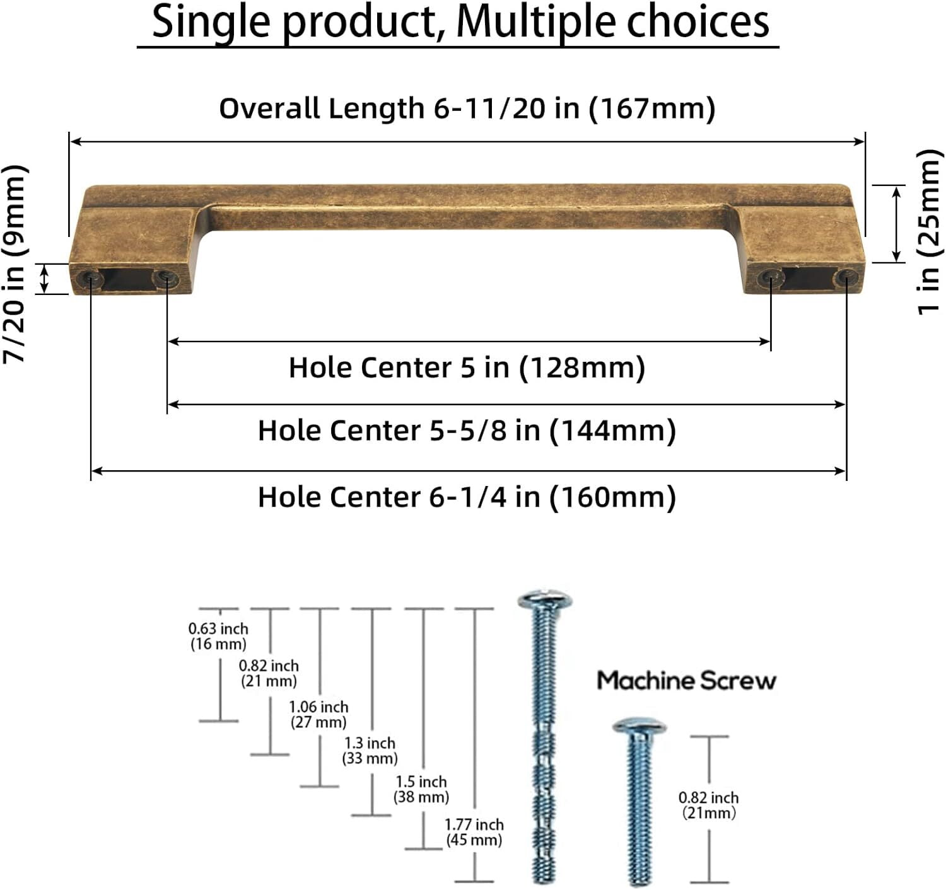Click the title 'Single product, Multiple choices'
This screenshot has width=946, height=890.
(x=460, y=23)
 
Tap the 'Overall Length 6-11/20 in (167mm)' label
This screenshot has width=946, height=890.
(x=467, y=108)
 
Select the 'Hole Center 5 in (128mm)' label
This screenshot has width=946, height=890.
(x=467, y=368)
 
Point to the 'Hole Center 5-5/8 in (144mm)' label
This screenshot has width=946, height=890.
(x=467, y=431)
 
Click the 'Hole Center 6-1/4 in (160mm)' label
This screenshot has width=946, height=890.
(x=467, y=497)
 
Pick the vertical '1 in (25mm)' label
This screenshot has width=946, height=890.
(x=930, y=232)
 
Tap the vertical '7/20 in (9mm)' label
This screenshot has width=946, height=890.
(x=15, y=264)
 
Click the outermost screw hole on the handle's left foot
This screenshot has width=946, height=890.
(x=88, y=278)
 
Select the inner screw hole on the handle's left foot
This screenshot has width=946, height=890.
(x=165, y=277)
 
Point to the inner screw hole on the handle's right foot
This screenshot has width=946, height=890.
(x=771, y=278)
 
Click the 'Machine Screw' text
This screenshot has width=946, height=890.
(x=686, y=681)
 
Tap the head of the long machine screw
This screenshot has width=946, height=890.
(x=546, y=599)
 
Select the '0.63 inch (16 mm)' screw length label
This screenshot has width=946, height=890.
(x=218, y=636)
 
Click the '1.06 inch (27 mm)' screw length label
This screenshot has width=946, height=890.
(x=318, y=714)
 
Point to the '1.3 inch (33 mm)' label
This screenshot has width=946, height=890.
(x=370, y=751)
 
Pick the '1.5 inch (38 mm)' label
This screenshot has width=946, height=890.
(x=421, y=789)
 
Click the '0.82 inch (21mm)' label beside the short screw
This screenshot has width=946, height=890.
(x=709, y=806)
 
